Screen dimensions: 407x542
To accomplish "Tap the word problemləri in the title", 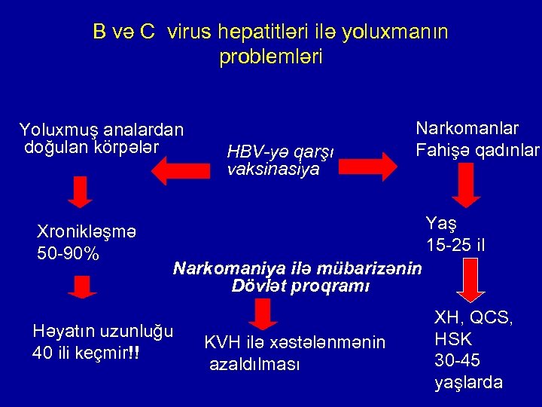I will [x=271, y=57].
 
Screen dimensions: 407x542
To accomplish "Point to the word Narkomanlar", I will [x=467, y=129].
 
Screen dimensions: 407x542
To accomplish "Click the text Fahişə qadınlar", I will [x=477, y=149].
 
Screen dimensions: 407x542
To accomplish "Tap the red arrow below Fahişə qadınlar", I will [x=467, y=185].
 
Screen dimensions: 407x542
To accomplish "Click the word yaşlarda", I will [x=468, y=382].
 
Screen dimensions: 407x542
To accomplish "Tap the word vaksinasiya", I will [x=273, y=170].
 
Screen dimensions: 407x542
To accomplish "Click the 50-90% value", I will [x=69, y=253].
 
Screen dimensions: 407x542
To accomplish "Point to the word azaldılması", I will [x=254, y=364].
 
